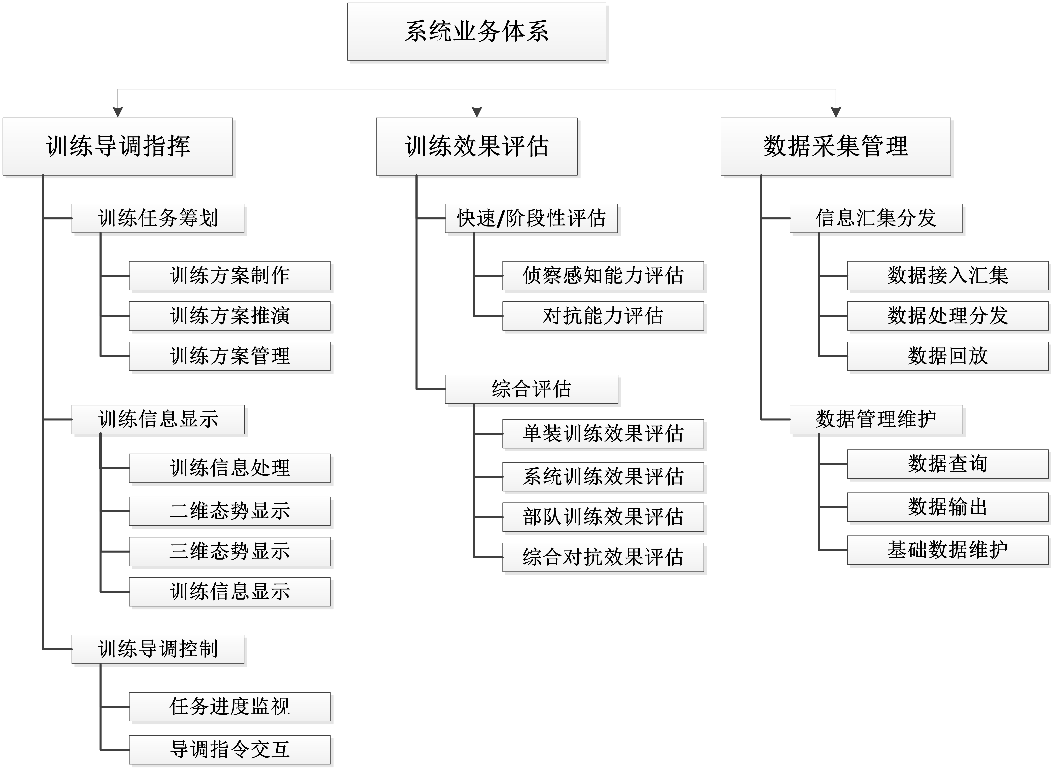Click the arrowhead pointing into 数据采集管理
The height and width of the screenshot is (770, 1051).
[x=836, y=112]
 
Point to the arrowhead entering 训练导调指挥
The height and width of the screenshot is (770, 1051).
[x=118, y=112]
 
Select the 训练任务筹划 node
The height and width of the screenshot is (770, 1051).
[x=158, y=219]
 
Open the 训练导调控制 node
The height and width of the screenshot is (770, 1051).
[x=158, y=649]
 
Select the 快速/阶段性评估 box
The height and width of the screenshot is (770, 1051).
[x=531, y=219]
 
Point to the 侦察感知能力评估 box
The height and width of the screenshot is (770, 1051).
[x=603, y=276]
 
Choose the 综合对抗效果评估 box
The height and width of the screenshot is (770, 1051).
[x=603, y=557]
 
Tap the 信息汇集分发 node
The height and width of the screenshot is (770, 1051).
[x=876, y=219]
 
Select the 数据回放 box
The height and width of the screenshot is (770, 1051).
[x=947, y=357]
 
